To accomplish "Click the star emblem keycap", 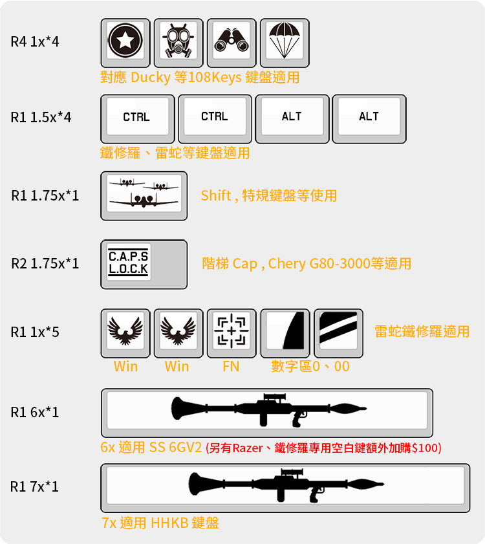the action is pyautogui.click(x=125, y=42).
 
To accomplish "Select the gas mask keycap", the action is pyautogui.click(x=178, y=42).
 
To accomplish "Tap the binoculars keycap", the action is pyautogui.click(x=231, y=42).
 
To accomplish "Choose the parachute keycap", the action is pyautogui.click(x=284, y=42).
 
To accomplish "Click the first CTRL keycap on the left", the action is pyautogui.click(x=137, y=118).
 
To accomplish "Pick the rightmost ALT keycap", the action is pyautogui.click(x=369, y=118).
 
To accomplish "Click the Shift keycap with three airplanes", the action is pyautogui.click(x=144, y=194).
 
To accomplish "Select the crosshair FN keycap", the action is pyautogui.click(x=231, y=331).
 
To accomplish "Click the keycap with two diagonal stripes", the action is pyautogui.click(x=338, y=331).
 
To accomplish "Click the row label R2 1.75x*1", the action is pyautogui.click(x=45, y=263).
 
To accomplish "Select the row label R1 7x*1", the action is pyautogui.click(x=34, y=486).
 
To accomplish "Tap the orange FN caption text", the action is pyautogui.click(x=231, y=367).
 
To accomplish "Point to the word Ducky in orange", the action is pyautogui.click(x=151, y=78).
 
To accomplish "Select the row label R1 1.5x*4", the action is pyautogui.click(x=41, y=118).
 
